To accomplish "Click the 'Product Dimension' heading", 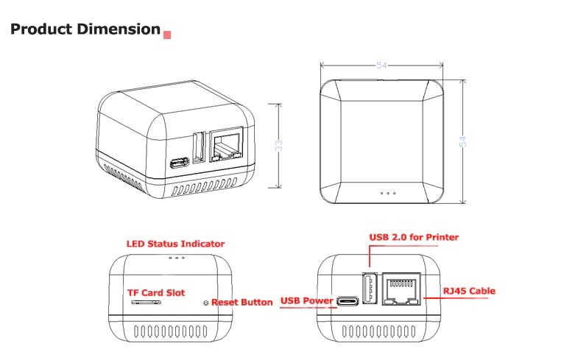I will coord(85,29).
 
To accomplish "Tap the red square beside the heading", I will coord(167,34).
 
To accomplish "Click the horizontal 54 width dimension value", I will coord(381,66).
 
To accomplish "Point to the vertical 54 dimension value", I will coord(463,141).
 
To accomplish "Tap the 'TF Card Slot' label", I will coord(156,292).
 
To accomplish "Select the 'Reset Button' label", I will coord(242,303).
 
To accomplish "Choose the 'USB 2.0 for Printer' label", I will coord(413,237).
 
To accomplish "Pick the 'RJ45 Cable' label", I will coord(468,291).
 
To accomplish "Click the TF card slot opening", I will coord(145,302).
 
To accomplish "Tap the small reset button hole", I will coord(205,303).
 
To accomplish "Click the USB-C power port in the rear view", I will coord(348,302).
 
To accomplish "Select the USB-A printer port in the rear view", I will coord(370,288).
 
